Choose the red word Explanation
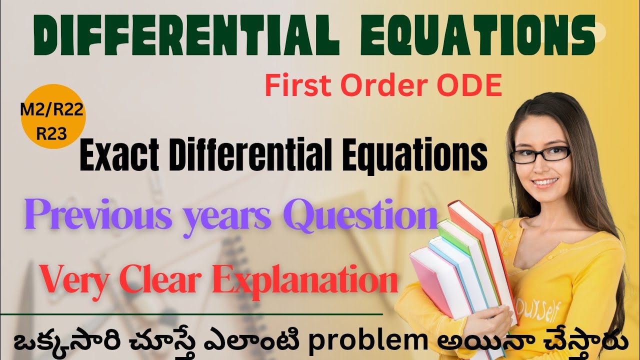[306, 281]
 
